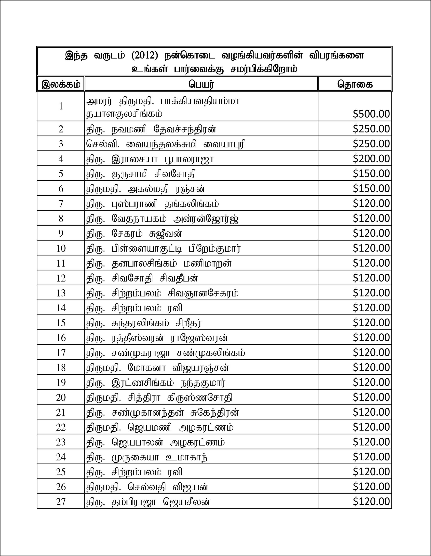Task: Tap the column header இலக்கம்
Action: tap(61, 84)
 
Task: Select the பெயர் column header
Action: tap(201, 84)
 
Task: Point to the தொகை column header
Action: tap(355, 84)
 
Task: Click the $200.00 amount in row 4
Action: tap(371, 159)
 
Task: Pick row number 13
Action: tap(61, 293)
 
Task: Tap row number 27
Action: tap(61, 502)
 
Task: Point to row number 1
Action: tap(61, 106)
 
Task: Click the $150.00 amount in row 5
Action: tap(371, 174)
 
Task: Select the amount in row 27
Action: tap(371, 502)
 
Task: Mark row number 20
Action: tap(61, 397)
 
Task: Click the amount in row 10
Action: tap(371, 248)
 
